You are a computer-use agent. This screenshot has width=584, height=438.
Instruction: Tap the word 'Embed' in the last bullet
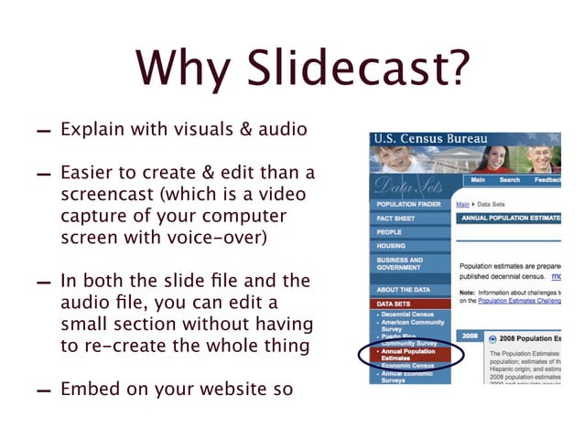(x=87, y=389)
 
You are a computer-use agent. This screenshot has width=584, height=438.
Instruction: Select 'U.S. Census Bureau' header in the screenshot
(x=442, y=140)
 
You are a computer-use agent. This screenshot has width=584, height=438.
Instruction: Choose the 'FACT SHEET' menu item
(x=395, y=219)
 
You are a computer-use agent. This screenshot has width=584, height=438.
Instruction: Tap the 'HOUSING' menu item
(x=391, y=246)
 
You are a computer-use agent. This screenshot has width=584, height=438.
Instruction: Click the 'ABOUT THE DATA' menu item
(x=404, y=289)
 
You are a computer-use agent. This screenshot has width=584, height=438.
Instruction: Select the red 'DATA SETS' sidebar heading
(x=394, y=303)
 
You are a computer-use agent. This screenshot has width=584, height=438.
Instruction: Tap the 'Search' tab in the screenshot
(x=509, y=180)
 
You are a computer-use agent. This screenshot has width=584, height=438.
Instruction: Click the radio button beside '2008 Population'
(x=493, y=338)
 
